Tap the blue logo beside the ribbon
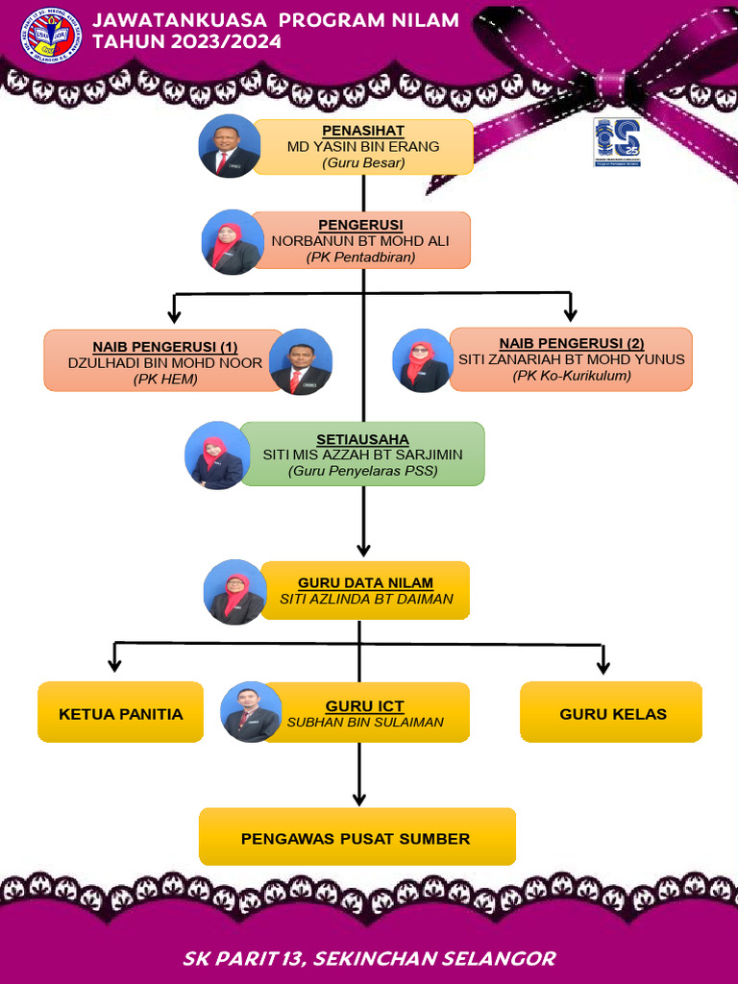(616, 142)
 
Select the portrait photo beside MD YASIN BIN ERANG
(230, 146)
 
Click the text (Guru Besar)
(363, 163)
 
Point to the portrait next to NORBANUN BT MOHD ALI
(233, 242)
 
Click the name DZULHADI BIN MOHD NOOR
(164, 362)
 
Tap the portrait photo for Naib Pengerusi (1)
(301, 362)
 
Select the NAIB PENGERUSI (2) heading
(571, 343)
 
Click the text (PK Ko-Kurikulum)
(572, 376)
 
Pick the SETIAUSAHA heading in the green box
(362, 439)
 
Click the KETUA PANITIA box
(120, 713)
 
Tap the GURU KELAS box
(612, 713)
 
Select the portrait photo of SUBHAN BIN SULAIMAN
(251, 712)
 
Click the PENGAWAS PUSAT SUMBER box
(357, 838)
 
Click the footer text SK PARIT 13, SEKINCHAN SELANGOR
(369, 958)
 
